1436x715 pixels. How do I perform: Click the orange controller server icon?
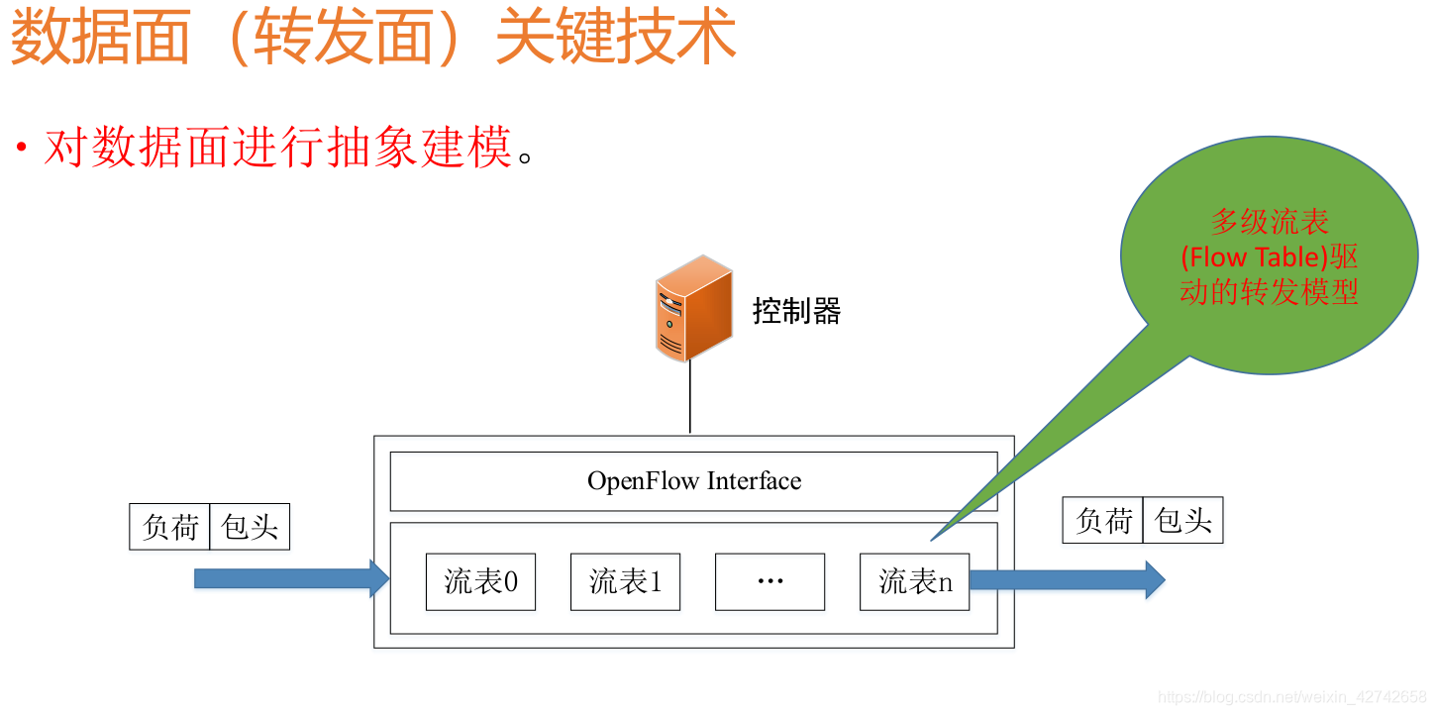point(693,308)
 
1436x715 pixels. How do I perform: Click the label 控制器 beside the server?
point(796,312)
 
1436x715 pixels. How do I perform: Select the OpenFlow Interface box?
point(693,481)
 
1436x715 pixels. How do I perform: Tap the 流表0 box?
point(480,581)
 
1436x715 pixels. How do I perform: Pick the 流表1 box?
point(625,581)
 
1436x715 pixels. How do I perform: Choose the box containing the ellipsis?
point(769,581)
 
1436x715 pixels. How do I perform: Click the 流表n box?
point(914,581)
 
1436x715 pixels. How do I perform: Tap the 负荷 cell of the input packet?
point(170,526)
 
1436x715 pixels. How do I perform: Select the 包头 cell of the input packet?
point(250,526)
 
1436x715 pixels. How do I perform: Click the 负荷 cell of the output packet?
point(1103,520)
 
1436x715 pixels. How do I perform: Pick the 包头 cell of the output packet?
point(1182,520)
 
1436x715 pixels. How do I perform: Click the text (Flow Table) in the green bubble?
point(1254,257)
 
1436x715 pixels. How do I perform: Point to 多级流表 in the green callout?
point(1270,222)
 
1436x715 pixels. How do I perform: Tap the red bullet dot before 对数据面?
point(21,149)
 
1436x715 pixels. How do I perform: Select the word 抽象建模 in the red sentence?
point(420,149)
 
